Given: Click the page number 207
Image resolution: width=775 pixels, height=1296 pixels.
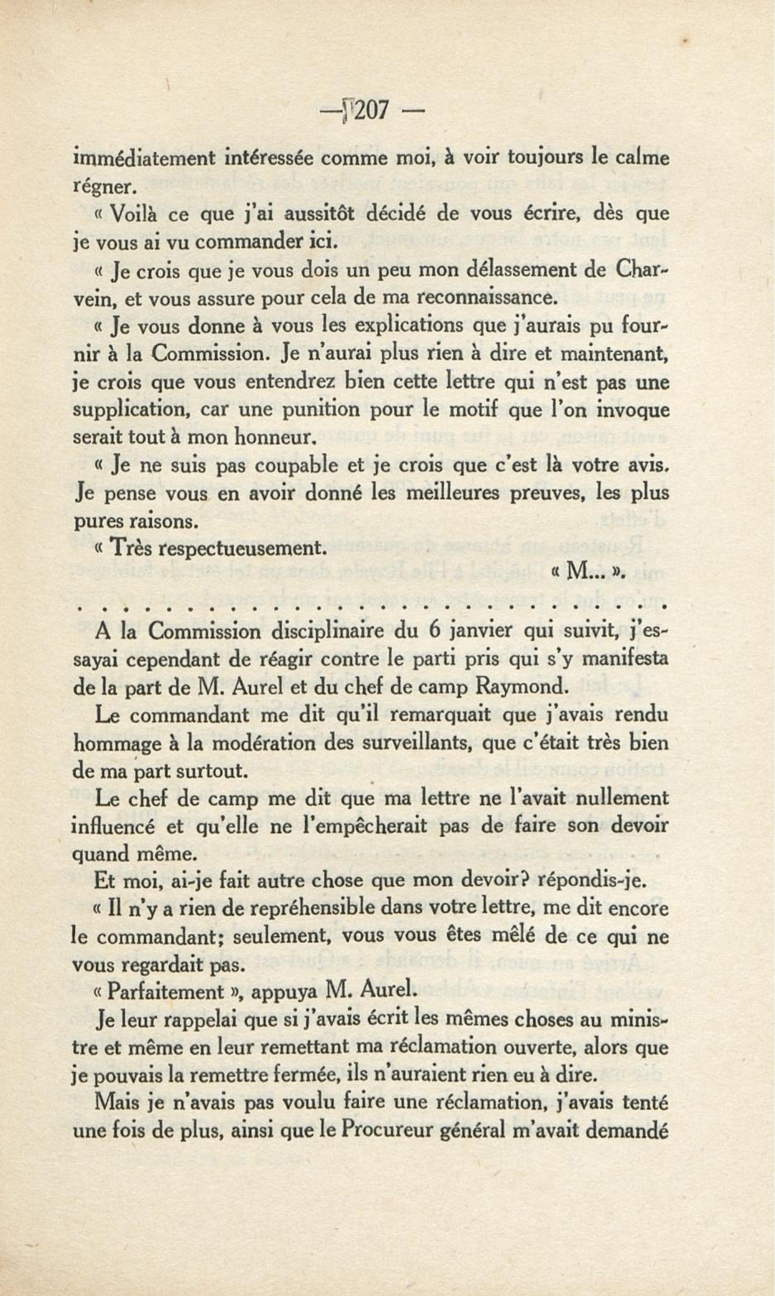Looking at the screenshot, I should [368, 111].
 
